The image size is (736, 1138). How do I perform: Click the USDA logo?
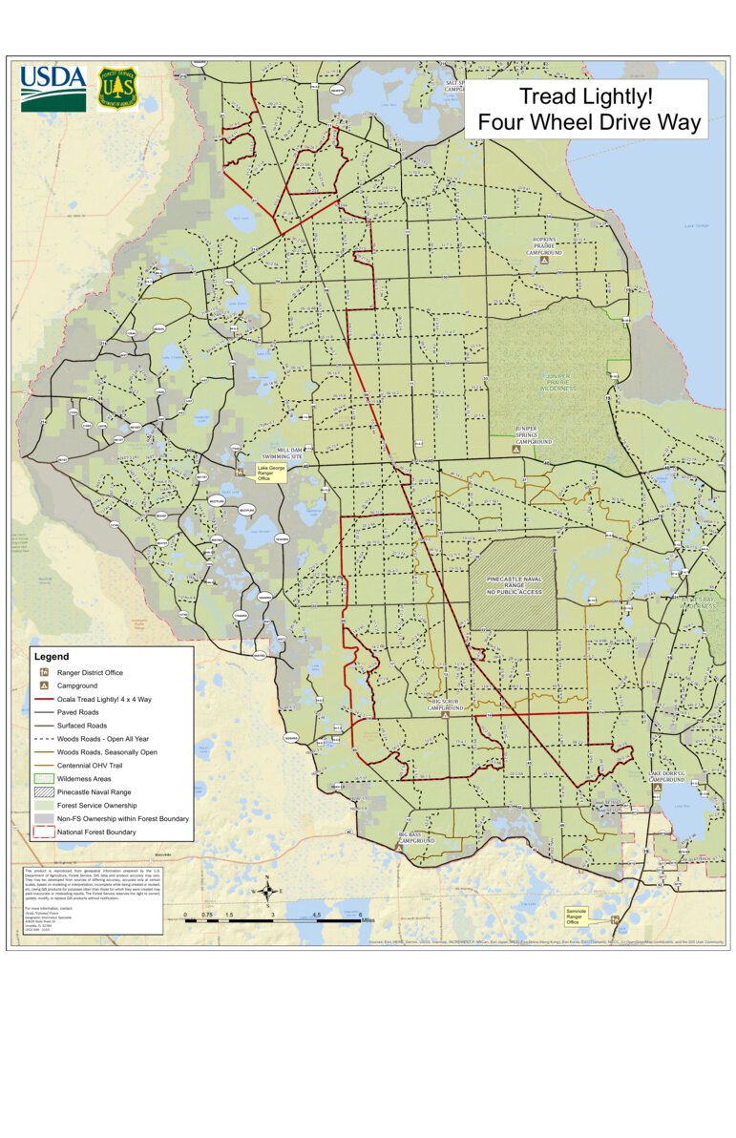coord(53,88)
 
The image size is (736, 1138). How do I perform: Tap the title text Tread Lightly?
coord(586,96)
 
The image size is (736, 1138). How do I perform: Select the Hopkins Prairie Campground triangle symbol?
coord(544,260)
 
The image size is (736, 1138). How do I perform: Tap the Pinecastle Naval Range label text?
coord(514,585)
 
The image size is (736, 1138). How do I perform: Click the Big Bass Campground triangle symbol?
coord(397,847)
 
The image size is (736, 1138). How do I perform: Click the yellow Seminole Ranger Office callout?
coord(578,916)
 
